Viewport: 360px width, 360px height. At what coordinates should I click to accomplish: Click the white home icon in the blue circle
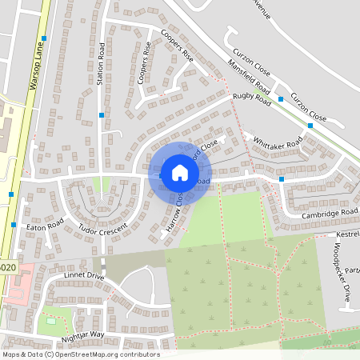tap(179, 172)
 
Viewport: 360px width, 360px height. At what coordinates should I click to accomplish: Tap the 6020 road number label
tap(7, 267)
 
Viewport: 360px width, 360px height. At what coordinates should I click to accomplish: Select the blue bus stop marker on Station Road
tap(101, 115)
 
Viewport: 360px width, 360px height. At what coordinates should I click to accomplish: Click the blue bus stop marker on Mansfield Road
tap(281, 100)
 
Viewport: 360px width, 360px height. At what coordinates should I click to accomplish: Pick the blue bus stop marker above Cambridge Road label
tap(282, 179)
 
